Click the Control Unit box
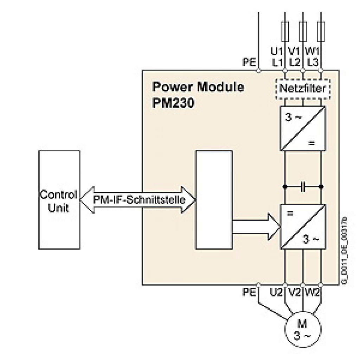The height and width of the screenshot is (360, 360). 59,200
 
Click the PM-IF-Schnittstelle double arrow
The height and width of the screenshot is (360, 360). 137,200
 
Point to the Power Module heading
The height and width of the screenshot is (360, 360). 198,87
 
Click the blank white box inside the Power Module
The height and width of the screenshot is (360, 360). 214,200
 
